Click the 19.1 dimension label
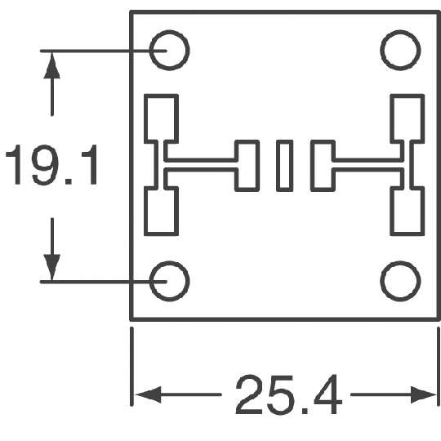tap(51, 165)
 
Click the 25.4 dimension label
tap(289, 394)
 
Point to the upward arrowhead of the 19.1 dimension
tap(52, 65)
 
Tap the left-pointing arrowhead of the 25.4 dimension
tap(148, 394)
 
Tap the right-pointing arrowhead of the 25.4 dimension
tap(423, 394)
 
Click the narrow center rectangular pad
tap(285, 166)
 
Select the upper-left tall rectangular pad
tap(161, 118)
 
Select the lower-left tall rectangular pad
tap(161, 211)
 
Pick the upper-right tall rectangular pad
tap(408, 118)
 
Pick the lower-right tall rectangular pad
tap(408, 211)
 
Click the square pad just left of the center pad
tap(247, 166)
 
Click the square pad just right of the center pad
tap(323, 166)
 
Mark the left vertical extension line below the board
tap(131, 367)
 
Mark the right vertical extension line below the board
tap(439, 367)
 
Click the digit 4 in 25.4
tap(328, 394)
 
